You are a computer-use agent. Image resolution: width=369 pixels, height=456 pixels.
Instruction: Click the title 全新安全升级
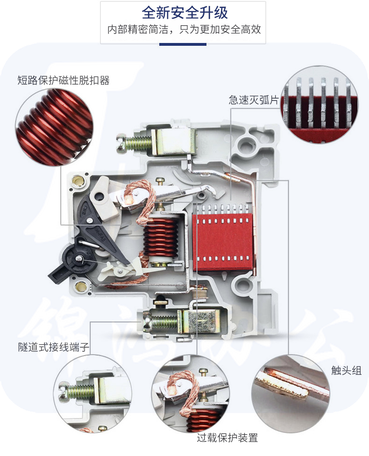pos(184,13)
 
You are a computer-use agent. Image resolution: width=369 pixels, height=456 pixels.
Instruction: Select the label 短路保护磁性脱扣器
pos(64,80)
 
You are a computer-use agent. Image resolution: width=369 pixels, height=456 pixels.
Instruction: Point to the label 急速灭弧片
pos(254,100)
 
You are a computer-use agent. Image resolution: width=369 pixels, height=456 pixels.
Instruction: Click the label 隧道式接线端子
pos(54,347)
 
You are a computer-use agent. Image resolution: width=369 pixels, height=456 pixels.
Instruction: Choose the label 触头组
pos(346,370)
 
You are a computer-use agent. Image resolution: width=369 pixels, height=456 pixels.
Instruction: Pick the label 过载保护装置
pos(227,438)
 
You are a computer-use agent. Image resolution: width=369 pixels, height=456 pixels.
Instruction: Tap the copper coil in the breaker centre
pos(161,237)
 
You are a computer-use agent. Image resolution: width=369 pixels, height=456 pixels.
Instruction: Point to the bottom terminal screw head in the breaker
pos(147,321)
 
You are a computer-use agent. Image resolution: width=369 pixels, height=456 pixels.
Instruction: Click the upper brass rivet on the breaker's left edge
pos(78,181)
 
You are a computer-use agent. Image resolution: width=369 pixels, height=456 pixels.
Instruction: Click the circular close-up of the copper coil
pos(54,127)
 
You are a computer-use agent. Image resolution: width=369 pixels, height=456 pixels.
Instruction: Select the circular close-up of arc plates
pos(319,104)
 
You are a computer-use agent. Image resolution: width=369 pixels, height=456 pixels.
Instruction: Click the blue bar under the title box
pos(183,44)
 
